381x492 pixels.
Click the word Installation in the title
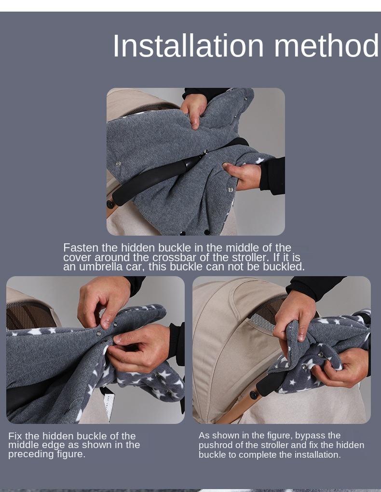pos(188,46)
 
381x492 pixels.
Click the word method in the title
pos(327,46)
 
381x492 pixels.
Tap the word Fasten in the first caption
pos(81,248)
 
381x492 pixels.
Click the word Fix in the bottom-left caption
pos(15,436)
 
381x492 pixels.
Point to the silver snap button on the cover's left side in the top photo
pos(118,164)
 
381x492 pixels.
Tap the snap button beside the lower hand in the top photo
pos(231,190)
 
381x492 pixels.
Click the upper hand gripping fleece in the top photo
pos(194,110)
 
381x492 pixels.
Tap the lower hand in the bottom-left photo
pos(139,348)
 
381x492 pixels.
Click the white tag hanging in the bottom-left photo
pos(108,405)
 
